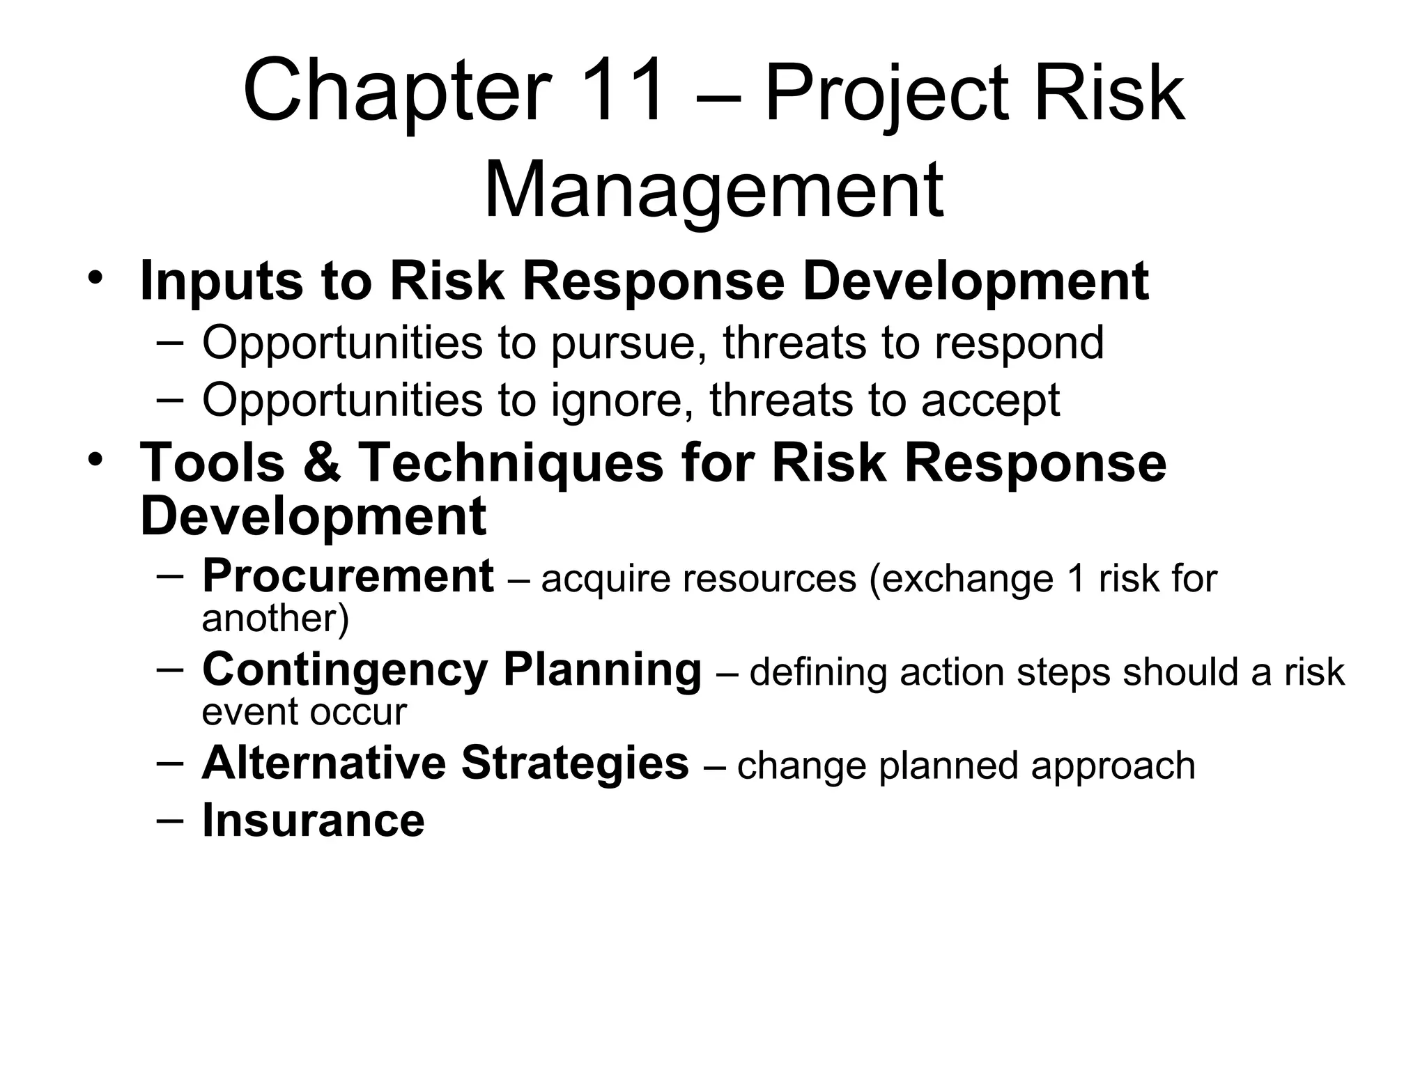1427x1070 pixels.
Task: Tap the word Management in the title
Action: tap(713, 189)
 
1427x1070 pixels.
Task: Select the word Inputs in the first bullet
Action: tap(221, 281)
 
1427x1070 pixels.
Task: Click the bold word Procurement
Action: tap(348, 577)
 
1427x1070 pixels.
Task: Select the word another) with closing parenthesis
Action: tap(275, 619)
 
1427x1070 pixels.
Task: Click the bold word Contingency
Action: tap(344, 671)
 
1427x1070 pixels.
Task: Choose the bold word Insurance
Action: tap(313, 820)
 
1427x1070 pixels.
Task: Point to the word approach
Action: tap(1113, 766)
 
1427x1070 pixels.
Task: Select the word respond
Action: tap(1019, 343)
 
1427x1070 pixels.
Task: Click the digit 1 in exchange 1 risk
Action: tap(1077, 580)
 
